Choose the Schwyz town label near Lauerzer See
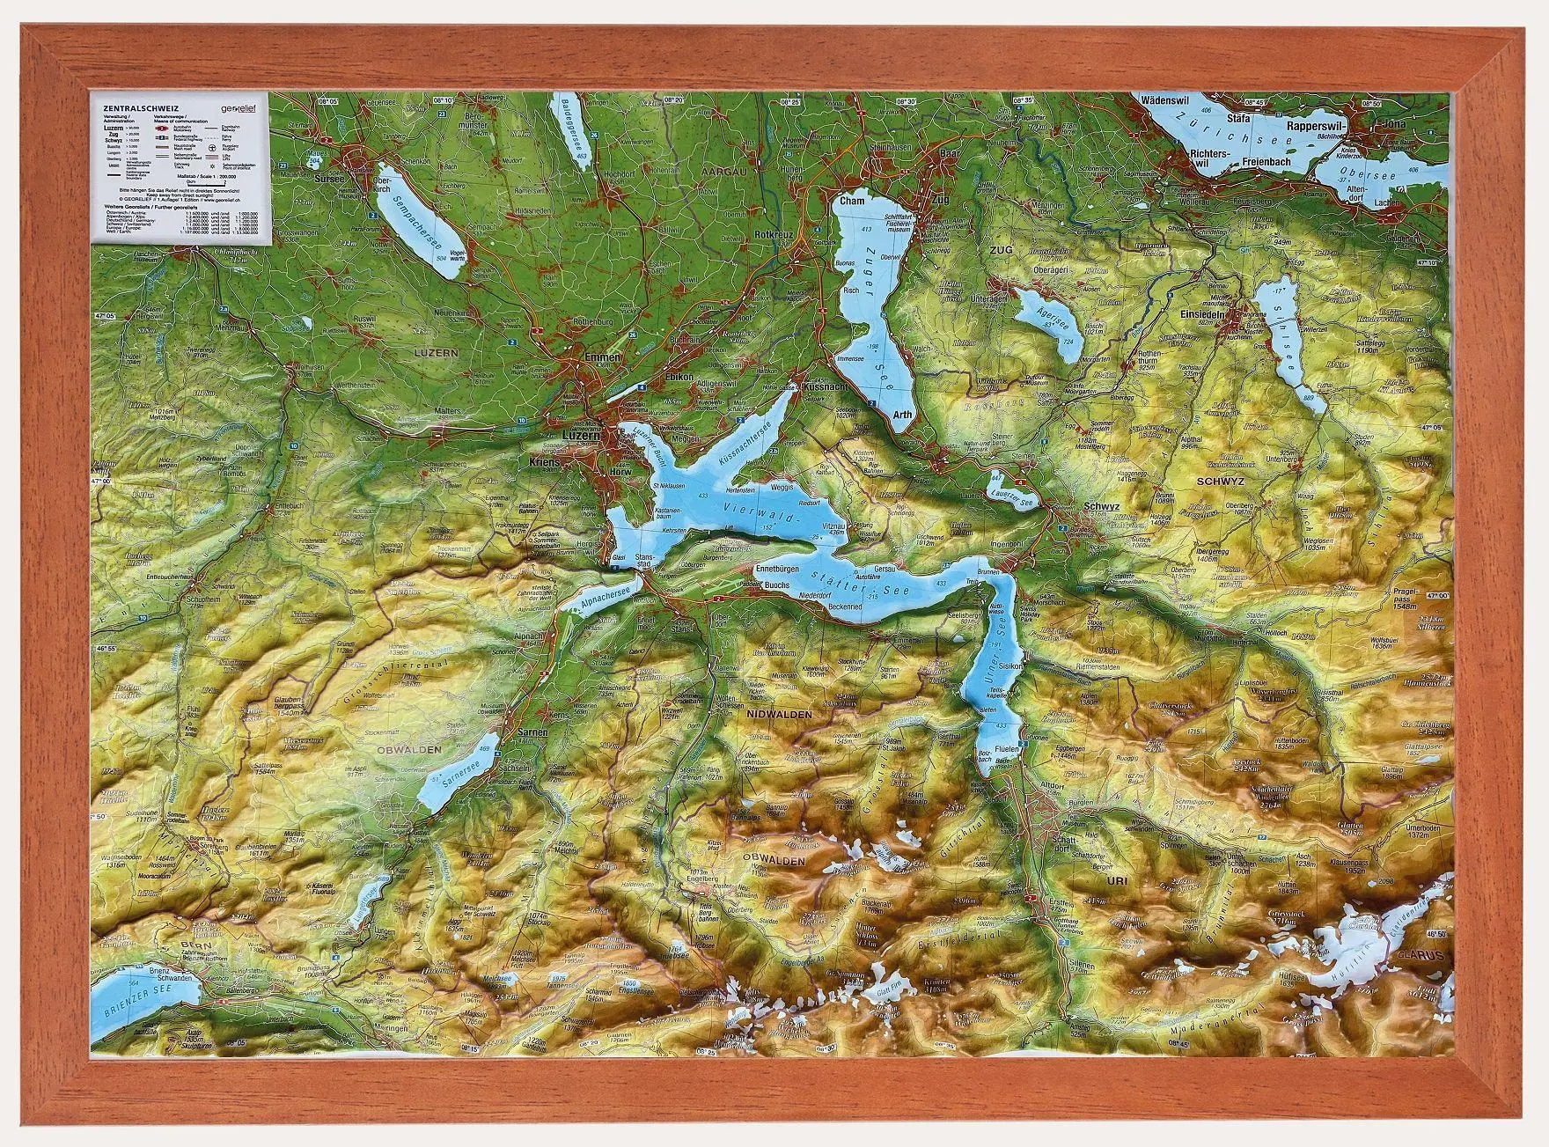point(1102,507)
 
